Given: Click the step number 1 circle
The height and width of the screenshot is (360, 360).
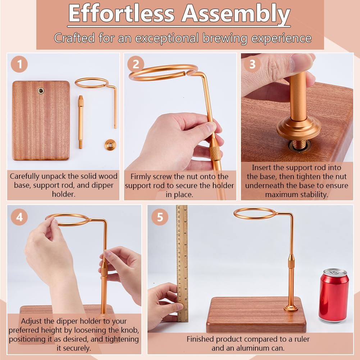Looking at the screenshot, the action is click(x=19, y=64).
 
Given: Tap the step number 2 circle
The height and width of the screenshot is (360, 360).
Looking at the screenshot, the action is click(x=136, y=64).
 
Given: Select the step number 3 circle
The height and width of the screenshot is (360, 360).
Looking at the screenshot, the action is click(x=252, y=64).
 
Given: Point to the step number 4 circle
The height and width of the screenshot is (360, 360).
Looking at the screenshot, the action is click(x=19, y=217).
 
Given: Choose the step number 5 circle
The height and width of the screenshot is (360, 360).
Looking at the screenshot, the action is click(x=160, y=217).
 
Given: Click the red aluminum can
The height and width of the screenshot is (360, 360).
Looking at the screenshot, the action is click(x=333, y=296).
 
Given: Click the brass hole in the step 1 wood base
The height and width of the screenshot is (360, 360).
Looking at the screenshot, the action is click(x=41, y=91).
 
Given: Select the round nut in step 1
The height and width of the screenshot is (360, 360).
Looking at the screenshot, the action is click(x=110, y=145).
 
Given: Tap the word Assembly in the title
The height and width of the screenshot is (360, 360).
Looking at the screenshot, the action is click(x=236, y=14).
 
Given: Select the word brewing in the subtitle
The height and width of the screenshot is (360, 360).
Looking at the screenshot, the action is click(x=225, y=38).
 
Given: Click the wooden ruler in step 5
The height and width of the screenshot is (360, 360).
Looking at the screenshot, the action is click(x=182, y=263).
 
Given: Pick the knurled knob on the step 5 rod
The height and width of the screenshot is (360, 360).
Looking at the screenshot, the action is click(x=291, y=261).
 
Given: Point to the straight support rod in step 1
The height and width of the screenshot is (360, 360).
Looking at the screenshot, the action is click(x=81, y=122).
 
